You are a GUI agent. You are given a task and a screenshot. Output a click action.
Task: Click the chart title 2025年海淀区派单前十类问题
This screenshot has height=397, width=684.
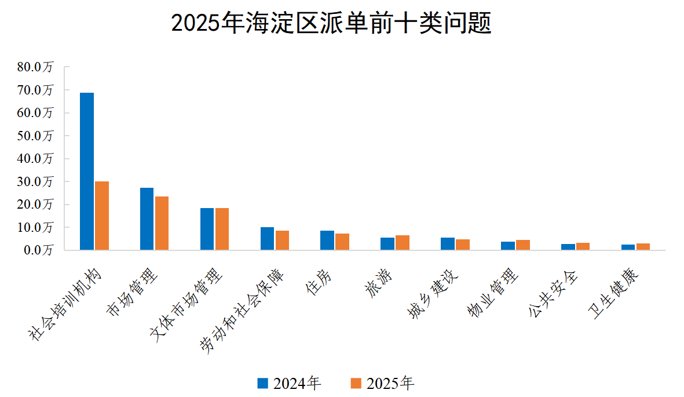tap(331, 24)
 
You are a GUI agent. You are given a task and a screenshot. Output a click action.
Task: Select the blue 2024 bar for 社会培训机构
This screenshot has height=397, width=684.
tap(87, 171)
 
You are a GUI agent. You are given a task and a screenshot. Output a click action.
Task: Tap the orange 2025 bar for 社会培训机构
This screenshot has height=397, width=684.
tap(102, 216)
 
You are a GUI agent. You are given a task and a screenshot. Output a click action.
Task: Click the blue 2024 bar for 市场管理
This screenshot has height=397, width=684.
tap(147, 219)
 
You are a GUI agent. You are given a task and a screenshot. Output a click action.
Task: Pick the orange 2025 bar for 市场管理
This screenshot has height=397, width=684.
tap(162, 223)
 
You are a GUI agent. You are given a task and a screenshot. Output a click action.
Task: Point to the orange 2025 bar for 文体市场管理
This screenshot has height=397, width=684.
tap(222, 229)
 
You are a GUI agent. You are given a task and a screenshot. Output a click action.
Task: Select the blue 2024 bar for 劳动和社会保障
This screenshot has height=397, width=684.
tap(267, 239)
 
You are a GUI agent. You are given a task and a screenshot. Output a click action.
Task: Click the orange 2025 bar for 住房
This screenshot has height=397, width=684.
tap(342, 242)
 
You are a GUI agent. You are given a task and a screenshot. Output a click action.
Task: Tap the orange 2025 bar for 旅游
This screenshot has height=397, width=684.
tap(403, 243)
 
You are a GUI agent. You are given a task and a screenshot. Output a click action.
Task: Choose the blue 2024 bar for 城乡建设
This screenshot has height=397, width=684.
tap(448, 244)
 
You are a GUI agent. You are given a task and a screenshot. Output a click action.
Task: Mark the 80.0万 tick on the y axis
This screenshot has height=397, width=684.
tap(35, 67)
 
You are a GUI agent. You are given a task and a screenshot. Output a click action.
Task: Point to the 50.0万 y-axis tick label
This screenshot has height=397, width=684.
tap(35, 136)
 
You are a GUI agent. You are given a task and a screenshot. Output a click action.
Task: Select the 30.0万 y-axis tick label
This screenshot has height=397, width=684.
tap(35, 181)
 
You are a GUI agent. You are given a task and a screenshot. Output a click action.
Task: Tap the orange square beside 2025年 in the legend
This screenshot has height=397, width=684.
tap(356, 383)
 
